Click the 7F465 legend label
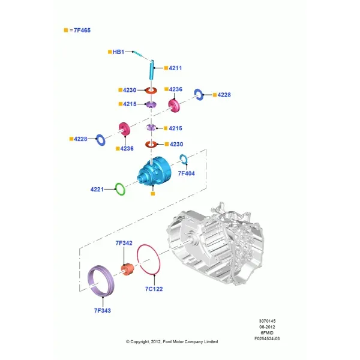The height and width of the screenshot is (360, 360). click(x=82, y=31)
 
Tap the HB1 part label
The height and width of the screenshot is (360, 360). click(x=118, y=52)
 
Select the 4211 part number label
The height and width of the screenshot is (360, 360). click(x=175, y=68)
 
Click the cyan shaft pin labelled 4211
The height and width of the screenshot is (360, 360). click(x=152, y=70)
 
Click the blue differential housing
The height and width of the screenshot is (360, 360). click(x=154, y=171)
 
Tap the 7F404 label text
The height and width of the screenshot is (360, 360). click(x=186, y=173)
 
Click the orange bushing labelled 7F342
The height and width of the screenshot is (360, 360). click(x=127, y=269)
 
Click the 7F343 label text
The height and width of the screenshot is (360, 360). click(x=103, y=311)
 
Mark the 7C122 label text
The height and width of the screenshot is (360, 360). click(x=154, y=289)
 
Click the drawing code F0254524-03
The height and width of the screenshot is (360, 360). click(x=267, y=338)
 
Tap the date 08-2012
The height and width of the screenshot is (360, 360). click(x=267, y=327)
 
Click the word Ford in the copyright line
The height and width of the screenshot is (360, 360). click(x=166, y=341)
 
